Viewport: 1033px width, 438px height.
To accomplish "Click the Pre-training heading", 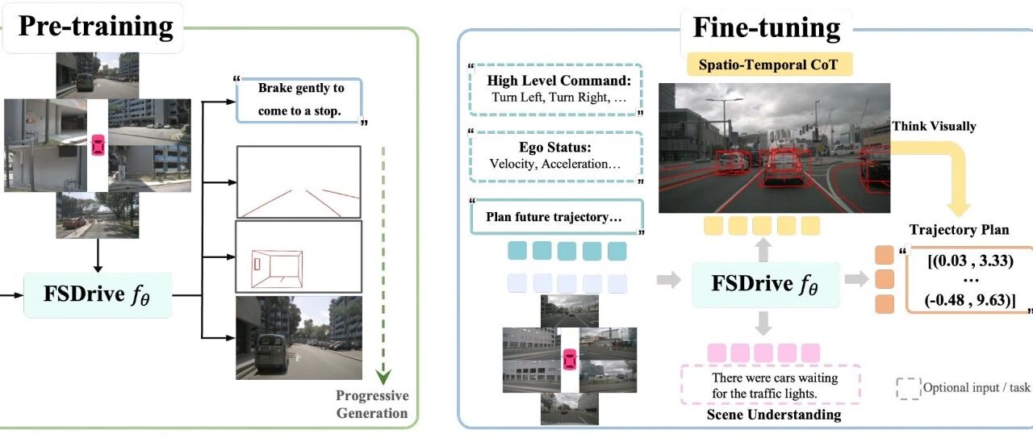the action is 95,27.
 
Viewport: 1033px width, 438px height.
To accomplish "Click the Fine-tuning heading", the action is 767,27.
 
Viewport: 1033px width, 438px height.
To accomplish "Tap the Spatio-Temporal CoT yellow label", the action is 769,65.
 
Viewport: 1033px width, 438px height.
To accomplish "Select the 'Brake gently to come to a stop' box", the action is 299,100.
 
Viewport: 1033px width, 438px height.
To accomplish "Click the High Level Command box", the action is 556,90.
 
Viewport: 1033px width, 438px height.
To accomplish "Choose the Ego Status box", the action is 556,156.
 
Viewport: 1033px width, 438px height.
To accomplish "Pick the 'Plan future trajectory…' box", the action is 556,217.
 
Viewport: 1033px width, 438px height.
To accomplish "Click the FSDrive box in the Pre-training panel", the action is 98,294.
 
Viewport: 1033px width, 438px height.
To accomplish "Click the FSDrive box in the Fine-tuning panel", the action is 766,285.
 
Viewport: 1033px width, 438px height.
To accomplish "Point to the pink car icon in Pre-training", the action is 98,144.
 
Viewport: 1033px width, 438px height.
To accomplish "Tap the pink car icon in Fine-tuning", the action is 570,360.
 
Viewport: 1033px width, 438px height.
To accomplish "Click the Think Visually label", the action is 934,127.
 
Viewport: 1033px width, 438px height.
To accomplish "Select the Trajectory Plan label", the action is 960,230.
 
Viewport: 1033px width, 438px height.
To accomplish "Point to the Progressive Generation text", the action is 372,404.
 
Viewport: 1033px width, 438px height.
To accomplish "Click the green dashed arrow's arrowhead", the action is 383,377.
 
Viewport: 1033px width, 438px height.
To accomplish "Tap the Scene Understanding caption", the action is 774,415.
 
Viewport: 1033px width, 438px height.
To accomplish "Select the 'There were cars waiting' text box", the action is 771,385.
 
